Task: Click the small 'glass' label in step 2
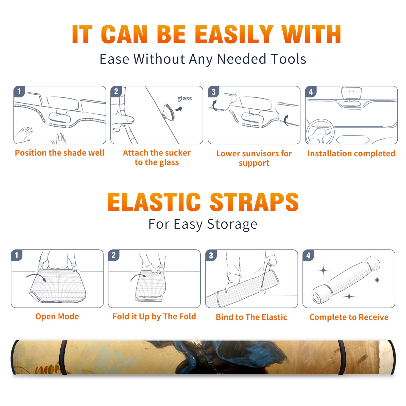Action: pos(184,98)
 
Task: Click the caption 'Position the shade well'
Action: pos(60,153)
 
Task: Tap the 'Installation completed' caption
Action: pos(351,154)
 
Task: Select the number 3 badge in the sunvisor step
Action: pos(213,92)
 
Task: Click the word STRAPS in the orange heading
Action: pos(254,202)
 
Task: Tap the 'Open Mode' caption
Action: pos(57,316)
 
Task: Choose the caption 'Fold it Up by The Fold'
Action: pos(154,317)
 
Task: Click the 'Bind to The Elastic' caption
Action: pos(251,317)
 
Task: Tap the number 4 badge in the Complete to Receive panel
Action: pos(308,255)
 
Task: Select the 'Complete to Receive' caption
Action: pos(349,317)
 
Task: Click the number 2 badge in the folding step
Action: pos(114,255)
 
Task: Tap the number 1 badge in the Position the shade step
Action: pos(19,92)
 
